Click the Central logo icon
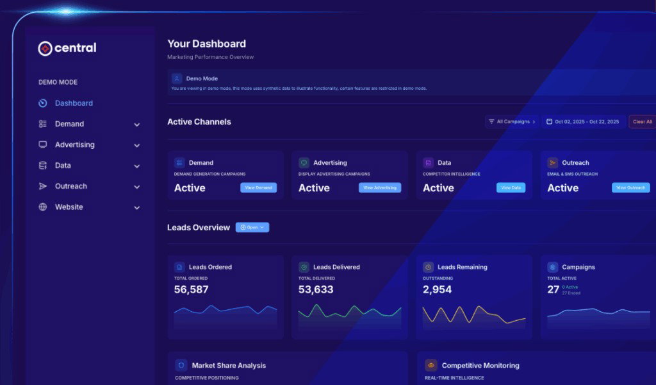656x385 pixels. point(45,48)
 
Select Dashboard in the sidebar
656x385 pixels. point(74,103)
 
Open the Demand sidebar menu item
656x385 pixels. point(69,124)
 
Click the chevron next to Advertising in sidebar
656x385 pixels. point(136,146)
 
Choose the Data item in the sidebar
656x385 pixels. point(63,166)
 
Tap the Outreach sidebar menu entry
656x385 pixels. point(70,186)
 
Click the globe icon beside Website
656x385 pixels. point(43,207)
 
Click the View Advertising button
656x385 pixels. point(380,188)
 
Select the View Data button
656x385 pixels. point(511,188)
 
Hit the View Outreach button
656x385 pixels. point(630,188)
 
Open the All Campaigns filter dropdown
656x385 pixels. point(512,121)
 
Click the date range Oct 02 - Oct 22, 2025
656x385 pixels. point(583,121)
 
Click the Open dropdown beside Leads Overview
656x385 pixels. point(252,227)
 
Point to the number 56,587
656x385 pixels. point(192,289)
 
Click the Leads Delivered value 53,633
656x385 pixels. point(316,289)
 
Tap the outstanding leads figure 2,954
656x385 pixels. point(437,289)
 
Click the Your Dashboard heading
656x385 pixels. point(206,44)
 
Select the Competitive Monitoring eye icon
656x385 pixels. point(431,365)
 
